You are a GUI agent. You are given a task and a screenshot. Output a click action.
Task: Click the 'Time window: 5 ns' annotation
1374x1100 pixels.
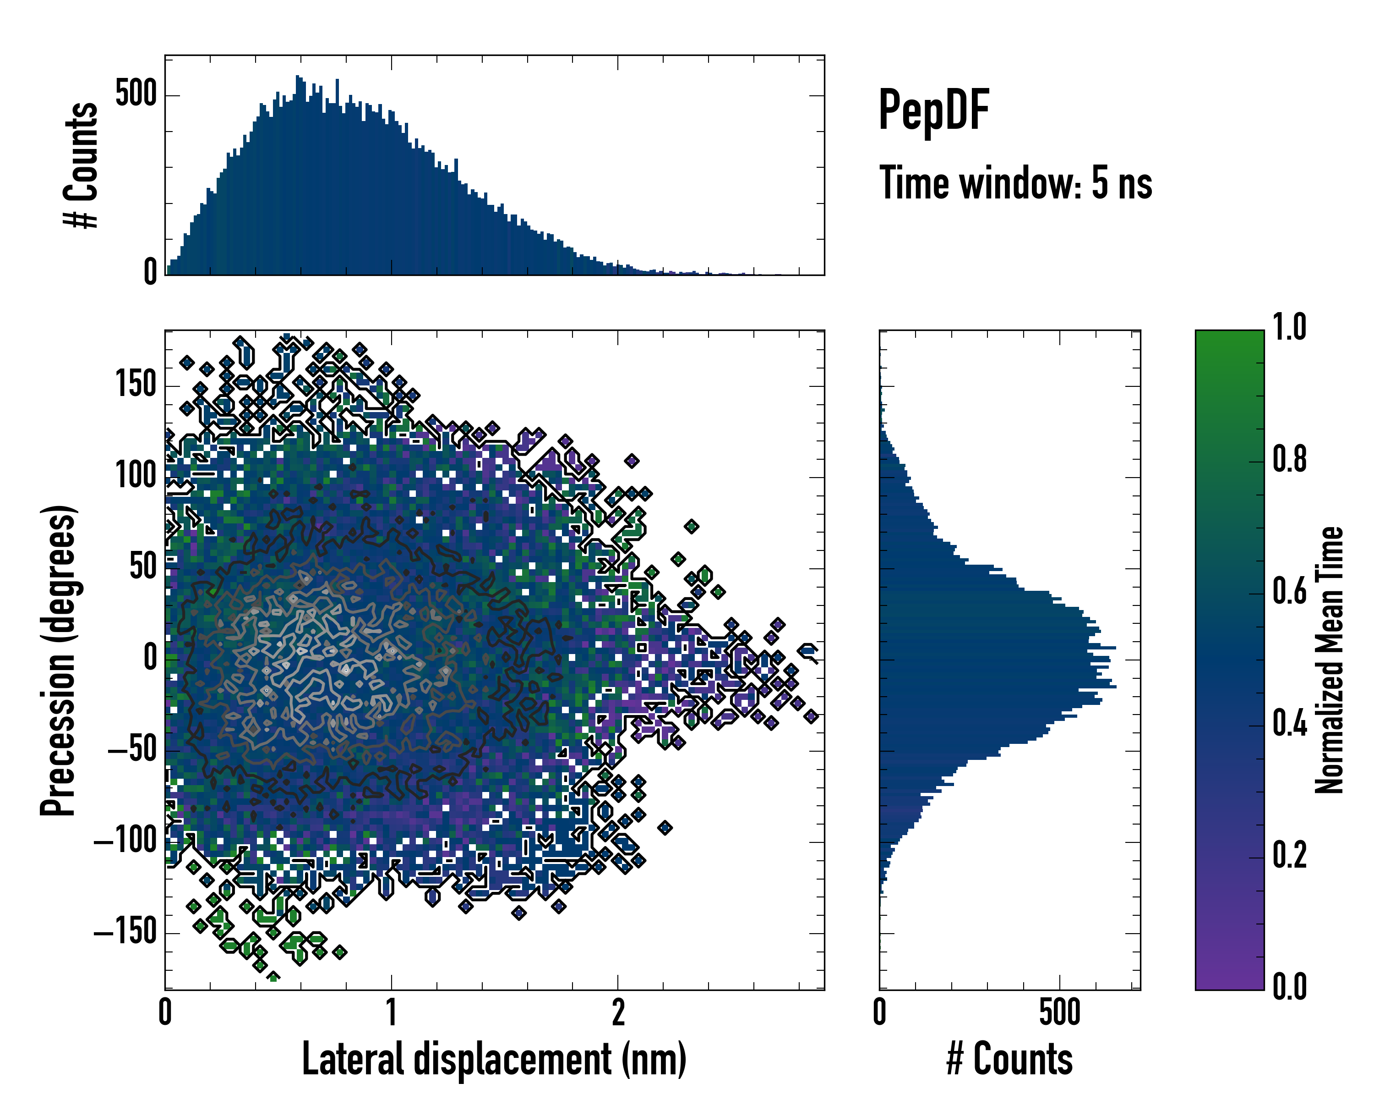1015,183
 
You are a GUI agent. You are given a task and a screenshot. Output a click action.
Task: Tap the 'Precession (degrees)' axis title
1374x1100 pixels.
59,660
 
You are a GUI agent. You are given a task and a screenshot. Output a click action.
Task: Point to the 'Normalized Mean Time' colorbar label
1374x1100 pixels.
1330,660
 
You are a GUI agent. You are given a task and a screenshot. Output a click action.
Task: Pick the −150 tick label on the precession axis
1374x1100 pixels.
125,932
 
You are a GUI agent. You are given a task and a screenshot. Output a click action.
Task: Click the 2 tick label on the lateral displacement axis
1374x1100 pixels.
617,1013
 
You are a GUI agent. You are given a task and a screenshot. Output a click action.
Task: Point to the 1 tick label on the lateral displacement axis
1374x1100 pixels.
391,1013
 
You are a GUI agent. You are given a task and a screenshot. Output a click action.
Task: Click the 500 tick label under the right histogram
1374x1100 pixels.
1060,1013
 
